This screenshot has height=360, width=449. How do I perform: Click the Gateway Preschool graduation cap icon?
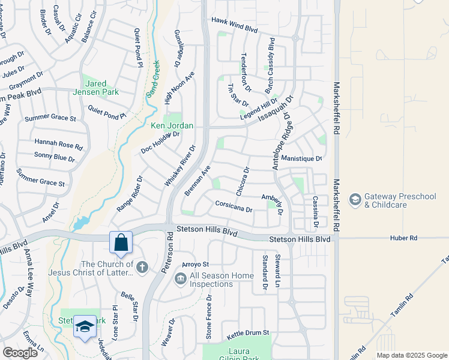(355, 199)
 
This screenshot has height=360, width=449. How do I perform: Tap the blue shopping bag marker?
(121, 243)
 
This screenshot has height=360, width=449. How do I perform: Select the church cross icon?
(142, 267)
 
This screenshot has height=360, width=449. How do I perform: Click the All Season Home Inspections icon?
(180, 279)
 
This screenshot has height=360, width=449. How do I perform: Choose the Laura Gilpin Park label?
(238, 355)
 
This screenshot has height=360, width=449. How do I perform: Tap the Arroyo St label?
(195, 264)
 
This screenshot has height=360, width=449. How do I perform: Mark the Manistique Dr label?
(302, 158)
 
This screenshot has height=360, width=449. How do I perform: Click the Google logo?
(20, 352)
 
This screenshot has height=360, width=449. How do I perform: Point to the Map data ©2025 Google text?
(411, 355)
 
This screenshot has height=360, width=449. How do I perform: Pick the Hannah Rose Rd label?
(58, 145)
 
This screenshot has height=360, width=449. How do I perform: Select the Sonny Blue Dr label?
(55, 157)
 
